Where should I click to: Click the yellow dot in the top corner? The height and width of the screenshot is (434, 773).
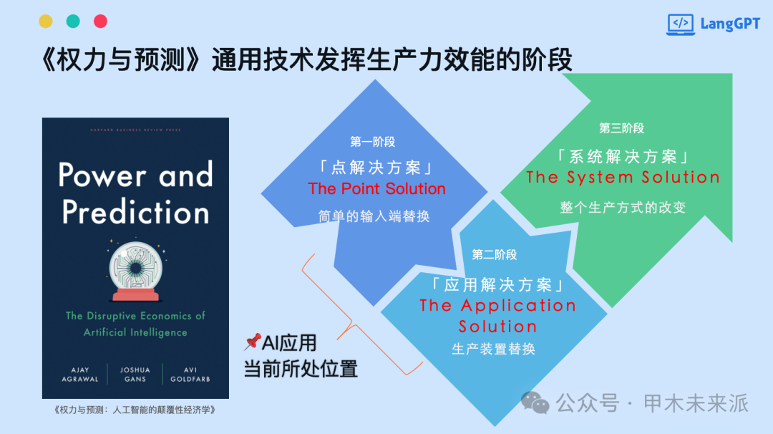[x=46, y=21]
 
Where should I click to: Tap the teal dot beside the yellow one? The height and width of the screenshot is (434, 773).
[x=73, y=21]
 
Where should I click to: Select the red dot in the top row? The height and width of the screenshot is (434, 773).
[x=101, y=21]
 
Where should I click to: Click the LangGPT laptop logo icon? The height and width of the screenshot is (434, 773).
[x=681, y=24]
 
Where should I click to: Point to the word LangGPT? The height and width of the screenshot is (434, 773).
[x=730, y=24]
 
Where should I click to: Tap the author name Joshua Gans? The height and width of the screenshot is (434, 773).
[x=135, y=375]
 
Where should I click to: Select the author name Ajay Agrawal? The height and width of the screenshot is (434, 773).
[x=80, y=375]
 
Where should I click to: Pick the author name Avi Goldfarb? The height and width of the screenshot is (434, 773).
[x=190, y=375]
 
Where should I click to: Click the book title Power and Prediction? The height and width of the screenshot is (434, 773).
[x=135, y=193]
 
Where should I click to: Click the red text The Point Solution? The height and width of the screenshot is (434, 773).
[x=376, y=188]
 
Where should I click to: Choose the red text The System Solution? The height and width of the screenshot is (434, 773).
[x=623, y=177]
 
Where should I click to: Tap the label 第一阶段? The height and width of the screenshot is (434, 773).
[x=373, y=142]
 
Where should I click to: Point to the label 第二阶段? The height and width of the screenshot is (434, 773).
[x=495, y=254]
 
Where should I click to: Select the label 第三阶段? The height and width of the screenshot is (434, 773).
[x=622, y=128]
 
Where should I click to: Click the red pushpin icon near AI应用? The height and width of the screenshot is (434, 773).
[x=252, y=342]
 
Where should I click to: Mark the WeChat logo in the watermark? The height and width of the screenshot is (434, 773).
[x=535, y=402]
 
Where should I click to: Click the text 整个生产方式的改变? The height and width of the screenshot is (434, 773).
[x=623, y=207]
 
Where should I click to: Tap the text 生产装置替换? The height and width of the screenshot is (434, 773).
[x=493, y=349]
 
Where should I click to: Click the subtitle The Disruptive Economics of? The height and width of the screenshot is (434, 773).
[x=135, y=316]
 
